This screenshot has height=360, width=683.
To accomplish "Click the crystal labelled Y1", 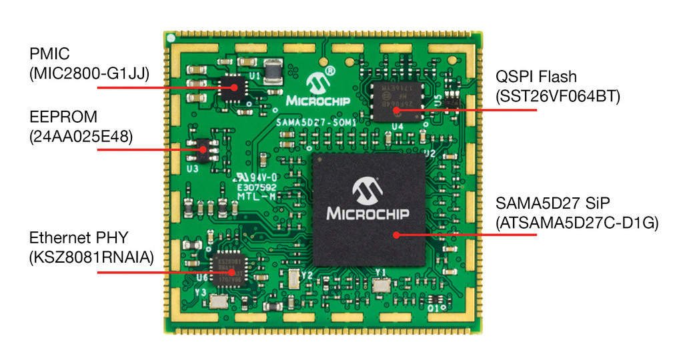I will [x=382, y=285].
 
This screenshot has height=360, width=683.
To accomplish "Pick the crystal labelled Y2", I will [x=291, y=279].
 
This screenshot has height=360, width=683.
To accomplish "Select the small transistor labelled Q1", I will [x=434, y=300].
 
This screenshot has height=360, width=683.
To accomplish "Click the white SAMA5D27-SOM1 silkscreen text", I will [x=315, y=123].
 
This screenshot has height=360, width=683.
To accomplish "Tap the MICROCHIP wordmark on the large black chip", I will [x=368, y=213].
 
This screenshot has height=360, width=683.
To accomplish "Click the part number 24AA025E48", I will [x=81, y=137].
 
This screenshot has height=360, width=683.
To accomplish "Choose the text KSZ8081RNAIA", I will [x=89, y=257].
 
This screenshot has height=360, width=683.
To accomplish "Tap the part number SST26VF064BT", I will [x=558, y=96].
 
